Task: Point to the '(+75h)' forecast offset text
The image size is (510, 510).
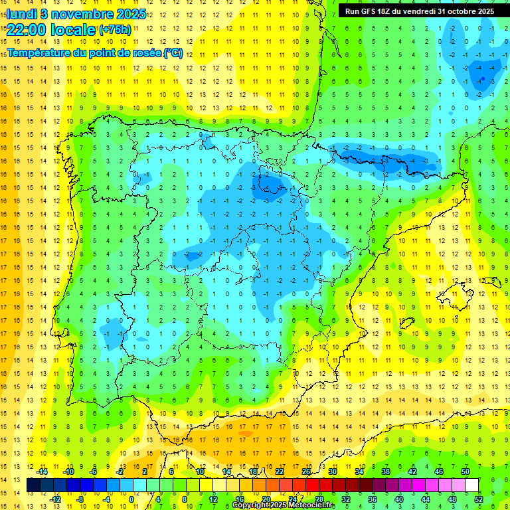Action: (115, 30)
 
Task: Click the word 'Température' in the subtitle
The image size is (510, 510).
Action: (41, 53)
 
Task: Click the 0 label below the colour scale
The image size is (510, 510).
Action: (131, 499)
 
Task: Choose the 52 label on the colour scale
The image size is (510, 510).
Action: (479, 499)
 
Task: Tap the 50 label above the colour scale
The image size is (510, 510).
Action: (466, 471)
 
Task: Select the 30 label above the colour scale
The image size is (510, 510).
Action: (333, 471)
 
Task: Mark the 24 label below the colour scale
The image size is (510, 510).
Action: (293, 499)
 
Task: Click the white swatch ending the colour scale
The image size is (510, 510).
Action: (472, 485)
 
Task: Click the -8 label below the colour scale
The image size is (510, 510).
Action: (80, 499)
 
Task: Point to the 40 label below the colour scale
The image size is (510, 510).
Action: (399, 499)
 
